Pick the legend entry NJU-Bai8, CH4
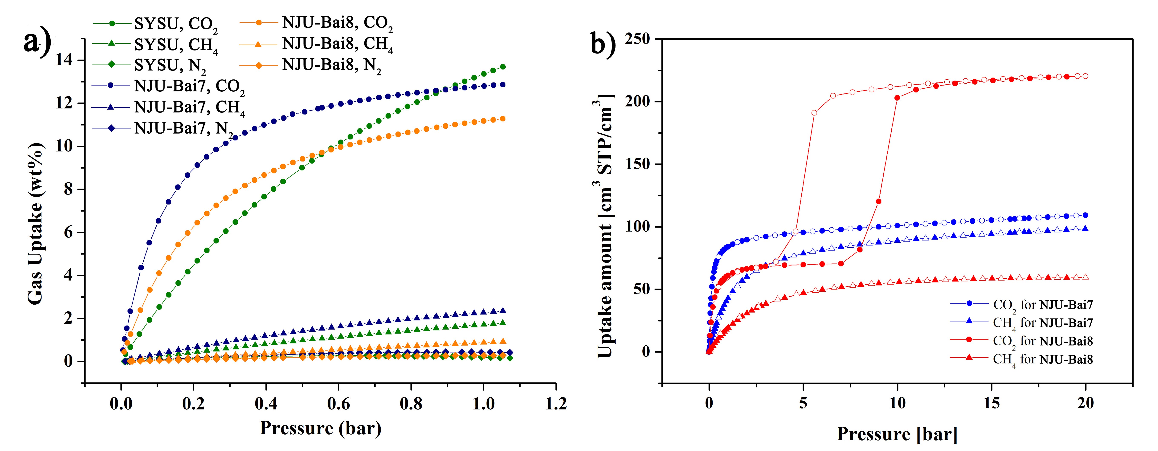337,44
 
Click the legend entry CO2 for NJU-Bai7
1043,305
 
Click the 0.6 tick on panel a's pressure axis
339,403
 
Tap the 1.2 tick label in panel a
556,403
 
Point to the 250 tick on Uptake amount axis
637,39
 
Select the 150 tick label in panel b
637,164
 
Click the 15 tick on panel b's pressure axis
992,403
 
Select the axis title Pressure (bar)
320,428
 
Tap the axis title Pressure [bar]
897,434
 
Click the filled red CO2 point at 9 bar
878,202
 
